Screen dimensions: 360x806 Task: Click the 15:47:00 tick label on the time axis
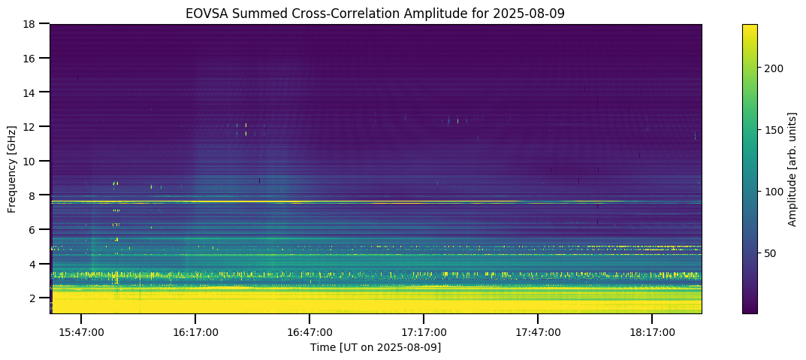point(81,331)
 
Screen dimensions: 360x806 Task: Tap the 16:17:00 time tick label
point(195,331)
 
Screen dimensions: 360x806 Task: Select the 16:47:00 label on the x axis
point(309,331)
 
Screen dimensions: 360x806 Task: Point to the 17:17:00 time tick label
point(424,331)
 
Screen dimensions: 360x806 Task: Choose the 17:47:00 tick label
point(538,331)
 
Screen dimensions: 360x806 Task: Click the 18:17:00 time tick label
point(652,331)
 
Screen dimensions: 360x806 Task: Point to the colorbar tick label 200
point(774,68)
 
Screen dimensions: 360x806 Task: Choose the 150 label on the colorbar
point(774,130)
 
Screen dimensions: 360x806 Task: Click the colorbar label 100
point(774,192)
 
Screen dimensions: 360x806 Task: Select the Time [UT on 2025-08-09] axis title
point(376,347)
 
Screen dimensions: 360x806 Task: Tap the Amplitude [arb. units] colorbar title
point(792,169)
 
